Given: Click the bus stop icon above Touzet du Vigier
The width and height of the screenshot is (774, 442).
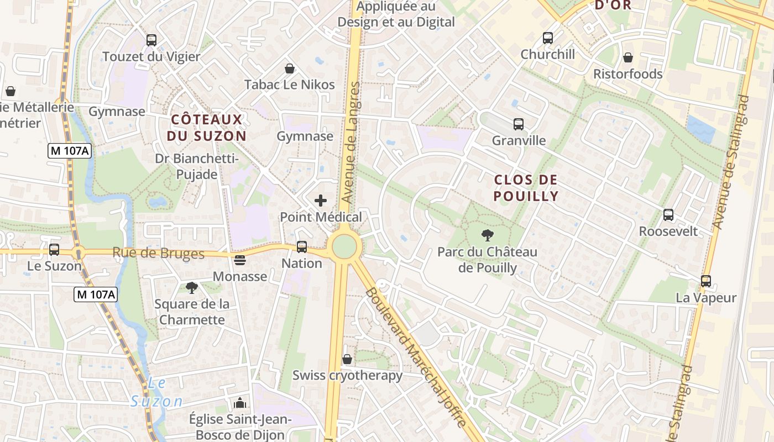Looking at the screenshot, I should click(151, 40).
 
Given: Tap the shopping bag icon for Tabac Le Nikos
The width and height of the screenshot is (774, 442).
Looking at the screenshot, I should click(289, 69).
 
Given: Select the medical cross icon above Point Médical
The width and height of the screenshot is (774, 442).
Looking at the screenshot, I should click(320, 201).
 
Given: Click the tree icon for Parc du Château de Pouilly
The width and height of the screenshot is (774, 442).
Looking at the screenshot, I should click(487, 235).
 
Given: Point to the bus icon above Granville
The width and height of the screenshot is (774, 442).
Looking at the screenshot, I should click(518, 124).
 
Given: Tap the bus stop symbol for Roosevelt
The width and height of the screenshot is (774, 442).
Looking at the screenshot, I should click(668, 215).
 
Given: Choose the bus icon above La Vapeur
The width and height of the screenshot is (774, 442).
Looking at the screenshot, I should click(705, 281).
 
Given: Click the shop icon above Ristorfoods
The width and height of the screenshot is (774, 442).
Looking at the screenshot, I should click(627, 57).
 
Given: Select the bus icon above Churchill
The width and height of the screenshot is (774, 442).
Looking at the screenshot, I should click(547, 38).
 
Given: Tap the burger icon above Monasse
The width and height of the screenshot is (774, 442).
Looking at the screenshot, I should click(240, 260).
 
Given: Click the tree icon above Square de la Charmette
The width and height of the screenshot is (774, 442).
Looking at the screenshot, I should click(191, 287).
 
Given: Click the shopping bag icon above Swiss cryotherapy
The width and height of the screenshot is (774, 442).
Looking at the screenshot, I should click(347, 359).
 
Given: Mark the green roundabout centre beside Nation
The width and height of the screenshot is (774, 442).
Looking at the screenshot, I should click(344, 246).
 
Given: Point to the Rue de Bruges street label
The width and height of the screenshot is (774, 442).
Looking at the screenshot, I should click(158, 254).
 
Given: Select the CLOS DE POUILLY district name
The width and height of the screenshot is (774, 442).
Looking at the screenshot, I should click(525, 188).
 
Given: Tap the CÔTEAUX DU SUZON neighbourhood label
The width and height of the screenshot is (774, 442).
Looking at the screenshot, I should click(206, 128).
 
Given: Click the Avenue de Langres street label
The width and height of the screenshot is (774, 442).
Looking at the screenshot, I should click(351, 142).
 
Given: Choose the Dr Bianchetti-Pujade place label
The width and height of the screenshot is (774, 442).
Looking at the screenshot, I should click(196, 167).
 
